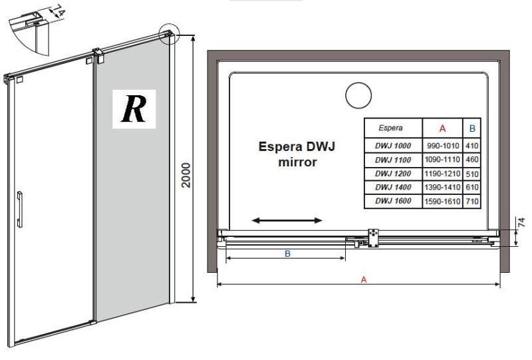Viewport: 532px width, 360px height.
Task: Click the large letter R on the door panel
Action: pos(134,109)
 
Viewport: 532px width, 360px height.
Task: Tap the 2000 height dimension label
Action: pos(186,175)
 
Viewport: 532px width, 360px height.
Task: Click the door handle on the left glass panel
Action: pos(20,209)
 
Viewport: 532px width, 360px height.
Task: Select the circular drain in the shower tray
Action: pos(358,95)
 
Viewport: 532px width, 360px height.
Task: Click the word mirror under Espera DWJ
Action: pos(297,162)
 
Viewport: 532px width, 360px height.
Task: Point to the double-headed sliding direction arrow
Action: pos(287,221)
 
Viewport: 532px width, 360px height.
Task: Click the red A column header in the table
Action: pos(442,128)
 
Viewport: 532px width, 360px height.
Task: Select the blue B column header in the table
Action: pos(472,128)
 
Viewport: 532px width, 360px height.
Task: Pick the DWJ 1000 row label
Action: pos(393,146)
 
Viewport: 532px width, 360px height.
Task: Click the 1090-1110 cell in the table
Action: pos(442,159)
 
